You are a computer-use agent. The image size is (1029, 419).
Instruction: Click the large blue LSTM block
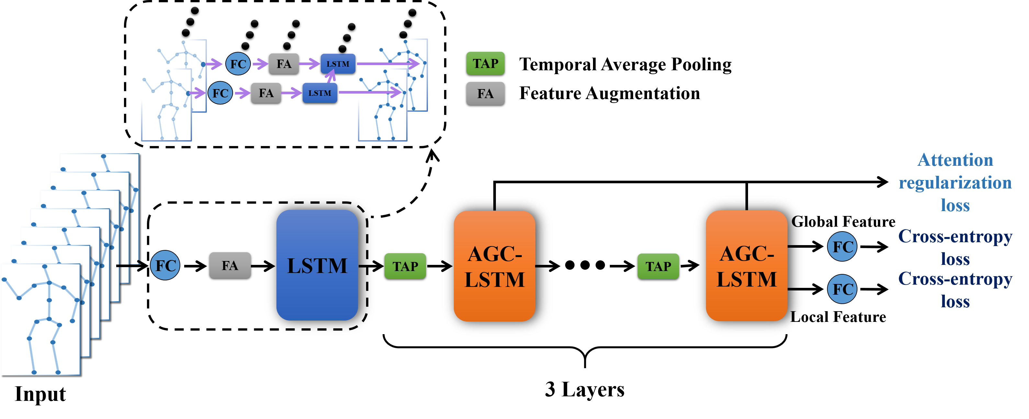pyautogui.click(x=317, y=265)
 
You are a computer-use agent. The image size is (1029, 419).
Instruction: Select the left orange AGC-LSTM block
pyautogui.click(x=494, y=266)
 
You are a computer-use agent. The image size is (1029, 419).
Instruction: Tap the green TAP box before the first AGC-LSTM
pyautogui.click(x=405, y=266)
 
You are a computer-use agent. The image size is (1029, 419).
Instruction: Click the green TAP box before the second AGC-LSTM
pyautogui.click(x=658, y=266)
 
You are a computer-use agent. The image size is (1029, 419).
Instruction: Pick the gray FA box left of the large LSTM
pyautogui.click(x=230, y=265)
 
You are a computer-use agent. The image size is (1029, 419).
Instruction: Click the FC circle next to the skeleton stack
pyautogui.click(x=165, y=265)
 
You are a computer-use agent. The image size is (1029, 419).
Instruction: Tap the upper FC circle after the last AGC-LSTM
pyautogui.click(x=842, y=246)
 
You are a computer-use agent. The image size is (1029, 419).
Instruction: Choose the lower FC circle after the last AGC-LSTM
pyautogui.click(x=842, y=289)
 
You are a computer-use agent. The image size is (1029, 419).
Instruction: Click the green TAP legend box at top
pyautogui.click(x=485, y=63)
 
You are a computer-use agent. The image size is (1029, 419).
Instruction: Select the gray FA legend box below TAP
pyautogui.click(x=485, y=94)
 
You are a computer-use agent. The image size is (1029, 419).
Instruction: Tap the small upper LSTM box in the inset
pyautogui.click(x=338, y=63)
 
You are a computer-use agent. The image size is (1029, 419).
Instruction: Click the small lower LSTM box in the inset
pyautogui.click(x=319, y=93)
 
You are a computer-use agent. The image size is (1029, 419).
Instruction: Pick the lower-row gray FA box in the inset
pyautogui.click(x=266, y=93)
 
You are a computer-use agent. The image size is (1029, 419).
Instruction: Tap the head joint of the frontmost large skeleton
pyautogui.click(x=45, y=266)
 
